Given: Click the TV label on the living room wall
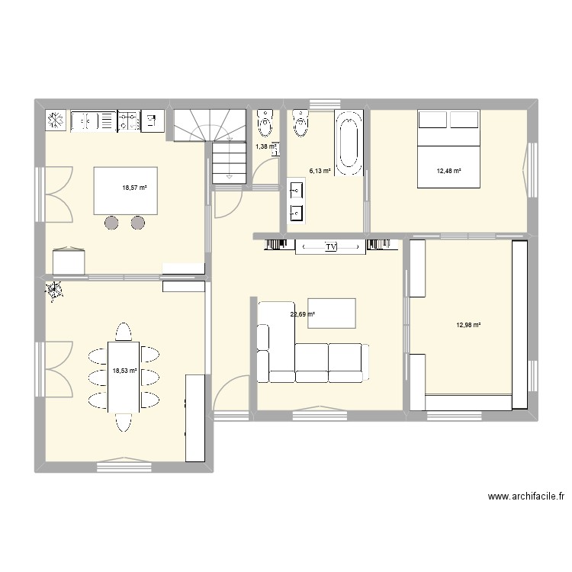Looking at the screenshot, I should click(330, 247).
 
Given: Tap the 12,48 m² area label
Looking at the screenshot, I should click(448, 171).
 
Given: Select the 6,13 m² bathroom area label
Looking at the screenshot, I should click(320, 172).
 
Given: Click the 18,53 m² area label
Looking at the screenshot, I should click(124, 371).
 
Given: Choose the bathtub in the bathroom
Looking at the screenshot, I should click(349, 140).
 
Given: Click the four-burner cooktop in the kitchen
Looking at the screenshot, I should click(128, 121).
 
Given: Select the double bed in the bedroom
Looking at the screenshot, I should click(448, 149).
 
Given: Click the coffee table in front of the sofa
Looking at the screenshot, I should click(332, 313).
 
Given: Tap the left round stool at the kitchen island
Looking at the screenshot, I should click(112, 223).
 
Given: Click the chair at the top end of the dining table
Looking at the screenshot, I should click(124, 333).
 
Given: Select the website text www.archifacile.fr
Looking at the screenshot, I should click(525, 496).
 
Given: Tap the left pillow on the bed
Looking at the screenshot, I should click(432, 121).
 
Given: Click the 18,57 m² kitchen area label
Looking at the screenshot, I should click(134, 188).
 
